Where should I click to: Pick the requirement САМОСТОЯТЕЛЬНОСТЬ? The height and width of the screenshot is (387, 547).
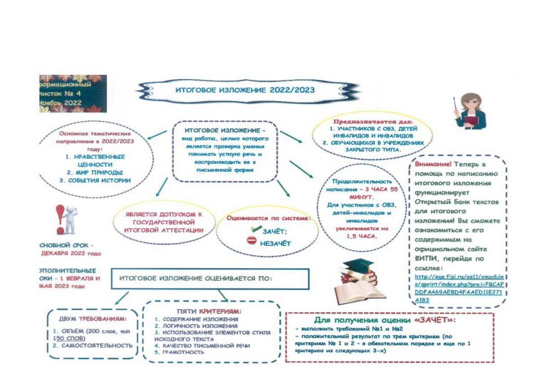pos(93,345)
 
